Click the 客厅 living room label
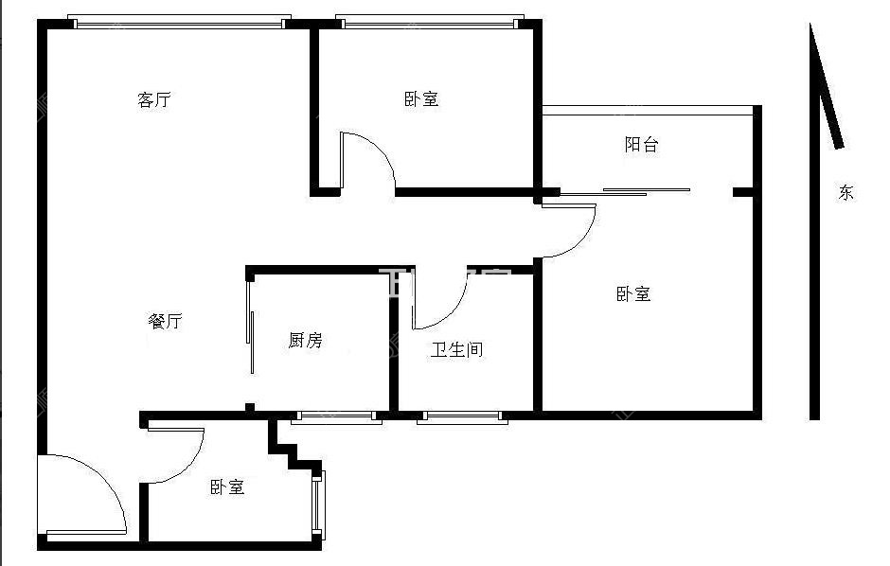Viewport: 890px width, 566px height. [154, 99]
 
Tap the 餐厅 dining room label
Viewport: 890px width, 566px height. [165, 321]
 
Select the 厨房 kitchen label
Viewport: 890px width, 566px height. [305, 340]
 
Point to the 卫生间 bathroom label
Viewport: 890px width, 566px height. [457, 349]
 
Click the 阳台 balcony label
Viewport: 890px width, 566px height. [641, 144]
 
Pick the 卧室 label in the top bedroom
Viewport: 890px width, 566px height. [421, 98]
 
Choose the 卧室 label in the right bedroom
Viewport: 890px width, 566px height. [633, 293]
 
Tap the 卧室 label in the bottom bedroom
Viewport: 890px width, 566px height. [227, 486]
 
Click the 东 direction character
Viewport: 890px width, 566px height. [845, 192]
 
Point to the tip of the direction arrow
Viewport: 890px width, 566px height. [812, 27]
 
